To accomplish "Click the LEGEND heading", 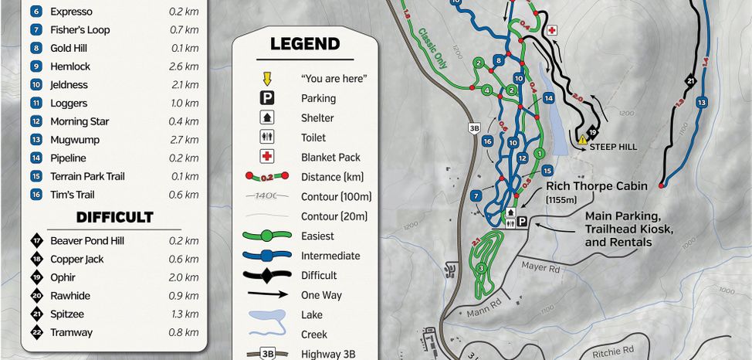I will pyautogui.click(x=304, y=44).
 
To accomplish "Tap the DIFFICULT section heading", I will pyautogui.click(x=114, y=217).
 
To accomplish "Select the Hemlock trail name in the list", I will pyautogui.click(x=70, y=66).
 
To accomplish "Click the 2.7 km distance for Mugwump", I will pyautogui.click(x=183, y=140).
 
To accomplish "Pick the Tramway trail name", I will pyautogui.click(x=71, y=333).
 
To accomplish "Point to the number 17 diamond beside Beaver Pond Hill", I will pyautogui.click(x=36, y=241).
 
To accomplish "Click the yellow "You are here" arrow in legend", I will pyautogui.click(x=266, y=79).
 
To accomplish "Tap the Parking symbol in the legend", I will pyautogui.click(x=266, y=98).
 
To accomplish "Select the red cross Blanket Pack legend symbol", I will pyautogui.click(x=266, y=158).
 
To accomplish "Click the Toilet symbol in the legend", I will pyautogui.click(x=266, y=138).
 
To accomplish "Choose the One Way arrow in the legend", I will pyautogui.click(x=266, y=295).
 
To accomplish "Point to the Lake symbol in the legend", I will pyautogui.click(x=266, y=315).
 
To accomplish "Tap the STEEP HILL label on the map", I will pyautogui.click(x=613, y=146).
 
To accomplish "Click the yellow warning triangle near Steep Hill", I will pyautogui.click(x=583, y=140).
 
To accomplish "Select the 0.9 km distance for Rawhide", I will pyautogui.click(x=183, y=296).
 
